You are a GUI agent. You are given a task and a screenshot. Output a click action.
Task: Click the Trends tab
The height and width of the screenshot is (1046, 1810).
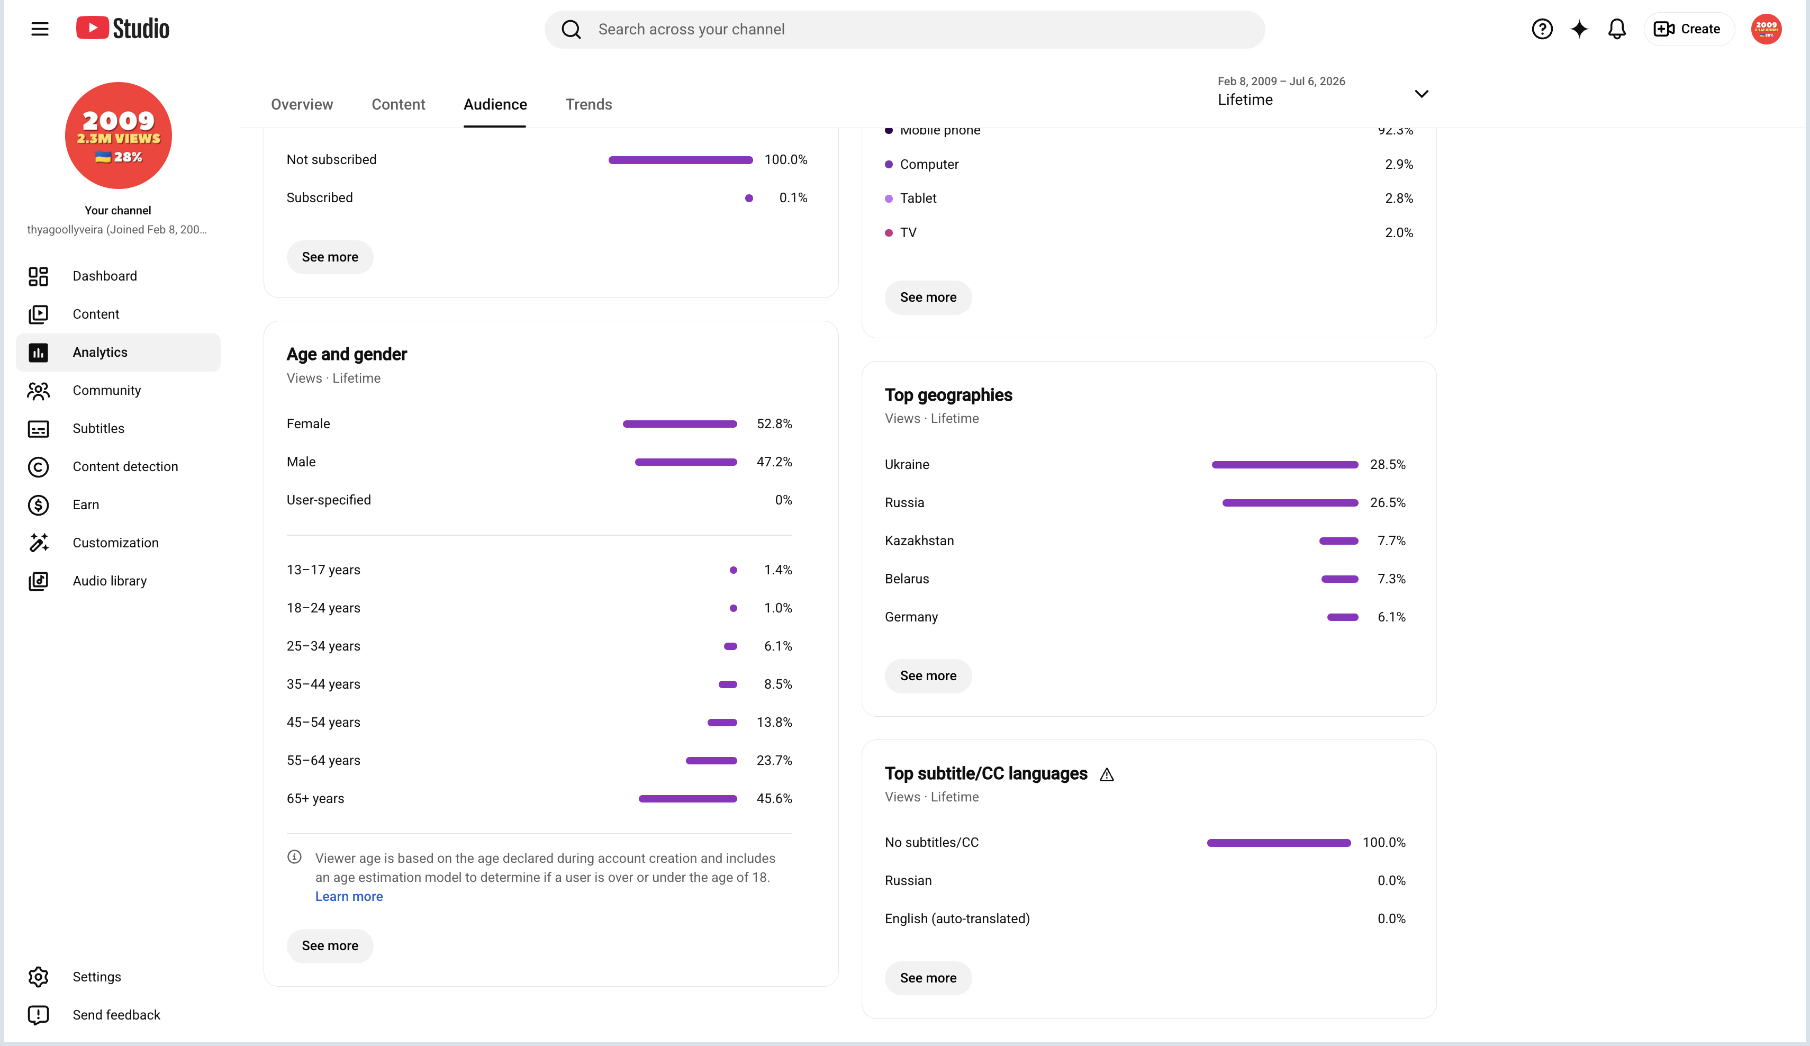(x=589, y=104)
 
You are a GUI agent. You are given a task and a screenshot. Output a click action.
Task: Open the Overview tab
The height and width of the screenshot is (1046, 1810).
(x=302, y=104)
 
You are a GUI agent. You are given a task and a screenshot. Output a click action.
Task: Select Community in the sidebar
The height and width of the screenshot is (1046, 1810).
(x=106, y=390)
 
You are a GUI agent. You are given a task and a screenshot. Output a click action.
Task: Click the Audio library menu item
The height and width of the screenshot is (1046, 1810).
(x=109, y=581)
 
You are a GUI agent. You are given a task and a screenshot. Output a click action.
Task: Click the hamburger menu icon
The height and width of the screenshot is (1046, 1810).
(x=40, y=29)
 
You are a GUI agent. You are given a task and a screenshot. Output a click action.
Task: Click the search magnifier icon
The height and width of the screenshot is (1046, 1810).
(x=571, y=30)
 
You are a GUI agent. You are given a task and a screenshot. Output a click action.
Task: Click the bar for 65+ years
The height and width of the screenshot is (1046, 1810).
(x=687, y=798)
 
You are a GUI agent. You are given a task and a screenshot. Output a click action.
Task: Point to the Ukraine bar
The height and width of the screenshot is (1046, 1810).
(x=1285, y=465)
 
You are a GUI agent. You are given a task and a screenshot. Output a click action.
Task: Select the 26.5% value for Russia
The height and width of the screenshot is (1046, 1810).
(x=1388, y=502)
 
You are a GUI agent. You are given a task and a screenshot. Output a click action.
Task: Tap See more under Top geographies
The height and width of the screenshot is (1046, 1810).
(x=928, y=675)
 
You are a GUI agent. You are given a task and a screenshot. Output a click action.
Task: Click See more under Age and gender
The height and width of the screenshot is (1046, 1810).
(x=330, y=945)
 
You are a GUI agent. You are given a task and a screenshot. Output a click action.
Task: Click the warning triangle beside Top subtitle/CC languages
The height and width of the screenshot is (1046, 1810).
(x=1107, y=774)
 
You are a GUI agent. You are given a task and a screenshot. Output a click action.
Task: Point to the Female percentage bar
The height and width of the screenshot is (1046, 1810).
(x=680, y=424)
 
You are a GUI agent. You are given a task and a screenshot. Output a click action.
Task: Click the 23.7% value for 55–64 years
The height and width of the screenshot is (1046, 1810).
(x=774, y=760)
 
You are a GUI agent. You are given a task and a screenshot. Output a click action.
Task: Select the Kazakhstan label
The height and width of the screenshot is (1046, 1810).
(x=919, y=540)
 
